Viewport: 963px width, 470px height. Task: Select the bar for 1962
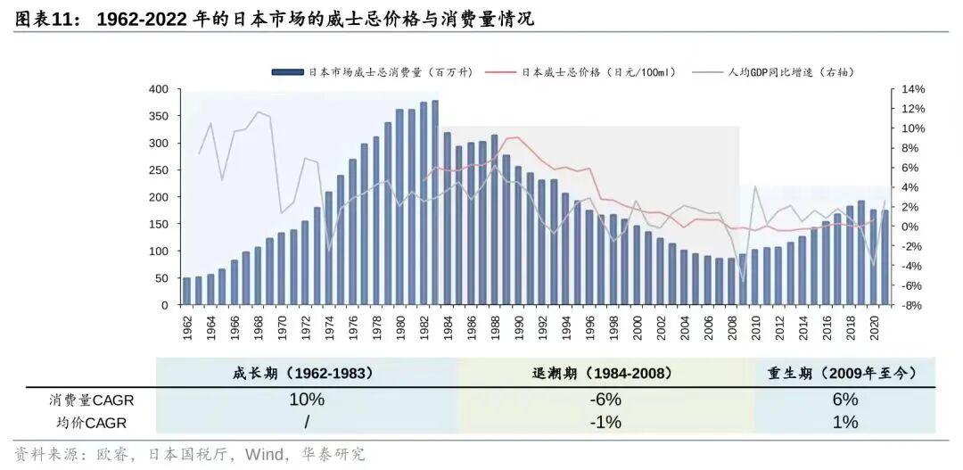click(187, 292)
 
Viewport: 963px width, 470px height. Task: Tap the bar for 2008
click(731, 282)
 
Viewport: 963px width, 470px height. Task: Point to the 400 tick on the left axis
click(159, 89)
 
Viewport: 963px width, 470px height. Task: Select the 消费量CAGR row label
click(91, 400)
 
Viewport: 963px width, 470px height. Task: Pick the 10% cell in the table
click(306, 400)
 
